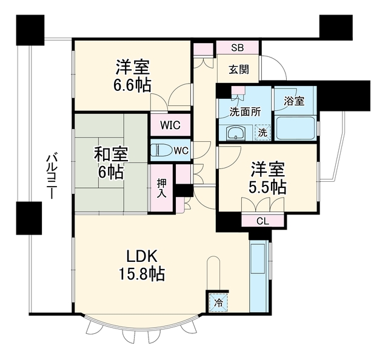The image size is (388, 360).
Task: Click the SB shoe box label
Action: click(237, 47)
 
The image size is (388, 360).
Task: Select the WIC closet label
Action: click(170, 125)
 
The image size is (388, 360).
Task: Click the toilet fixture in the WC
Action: click(162, 150)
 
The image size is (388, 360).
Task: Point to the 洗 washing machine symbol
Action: click(263, 133)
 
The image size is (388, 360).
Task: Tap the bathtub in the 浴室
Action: click(295, 128)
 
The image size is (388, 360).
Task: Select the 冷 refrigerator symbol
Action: click(218, 302)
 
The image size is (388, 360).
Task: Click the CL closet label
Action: click(263, 221)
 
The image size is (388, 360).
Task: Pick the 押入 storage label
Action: click(162, 188)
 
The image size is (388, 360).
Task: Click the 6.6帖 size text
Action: click(132, 85)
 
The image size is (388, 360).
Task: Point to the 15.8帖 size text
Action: click(142, 274)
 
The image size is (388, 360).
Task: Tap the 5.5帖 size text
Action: click(267, 187)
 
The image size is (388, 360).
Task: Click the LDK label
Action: click(142, 256)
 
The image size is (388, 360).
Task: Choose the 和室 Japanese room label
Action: click(111, 154)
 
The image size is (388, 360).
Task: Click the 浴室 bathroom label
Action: click(294, 101)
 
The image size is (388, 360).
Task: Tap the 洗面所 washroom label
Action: click(245, 112)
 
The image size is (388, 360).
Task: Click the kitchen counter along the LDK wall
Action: click(259, 277)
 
